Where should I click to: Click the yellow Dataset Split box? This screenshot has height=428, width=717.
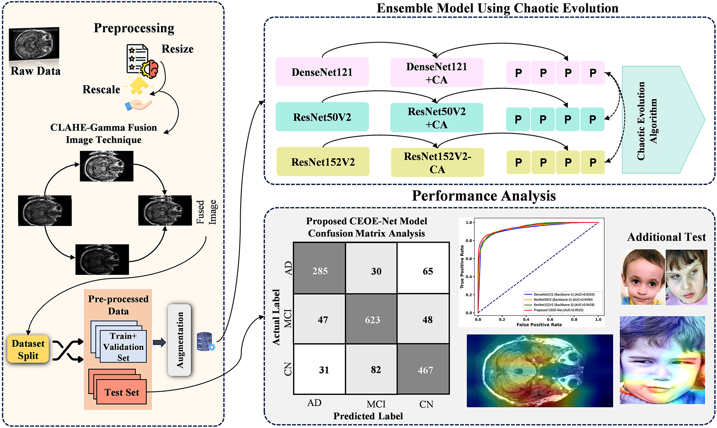[28, 349]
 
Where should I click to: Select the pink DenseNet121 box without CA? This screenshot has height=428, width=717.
[322, 72]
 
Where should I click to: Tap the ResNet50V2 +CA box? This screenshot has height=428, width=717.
[436, 118]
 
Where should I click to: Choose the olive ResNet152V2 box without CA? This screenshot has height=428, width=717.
[323, 162]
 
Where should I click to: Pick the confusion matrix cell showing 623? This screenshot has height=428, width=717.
[372, 319]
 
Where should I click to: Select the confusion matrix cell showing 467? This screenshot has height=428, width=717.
[424, 369]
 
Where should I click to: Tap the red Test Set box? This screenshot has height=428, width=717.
[121, 392]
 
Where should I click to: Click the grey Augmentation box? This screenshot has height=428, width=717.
[180, 340]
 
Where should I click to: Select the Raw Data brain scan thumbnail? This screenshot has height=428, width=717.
[34, 44]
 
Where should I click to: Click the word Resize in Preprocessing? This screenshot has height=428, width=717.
[177, 49]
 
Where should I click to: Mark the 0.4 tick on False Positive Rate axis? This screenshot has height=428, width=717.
[526, 319]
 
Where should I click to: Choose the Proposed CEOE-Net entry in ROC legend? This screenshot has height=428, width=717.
[558, 310]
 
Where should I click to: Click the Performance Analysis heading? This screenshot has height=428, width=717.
[483, 196]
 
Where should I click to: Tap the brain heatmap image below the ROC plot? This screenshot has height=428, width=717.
[539, 371]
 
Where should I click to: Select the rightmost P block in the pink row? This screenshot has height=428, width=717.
[593, 73]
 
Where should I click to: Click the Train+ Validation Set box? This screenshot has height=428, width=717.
[123, 347]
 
